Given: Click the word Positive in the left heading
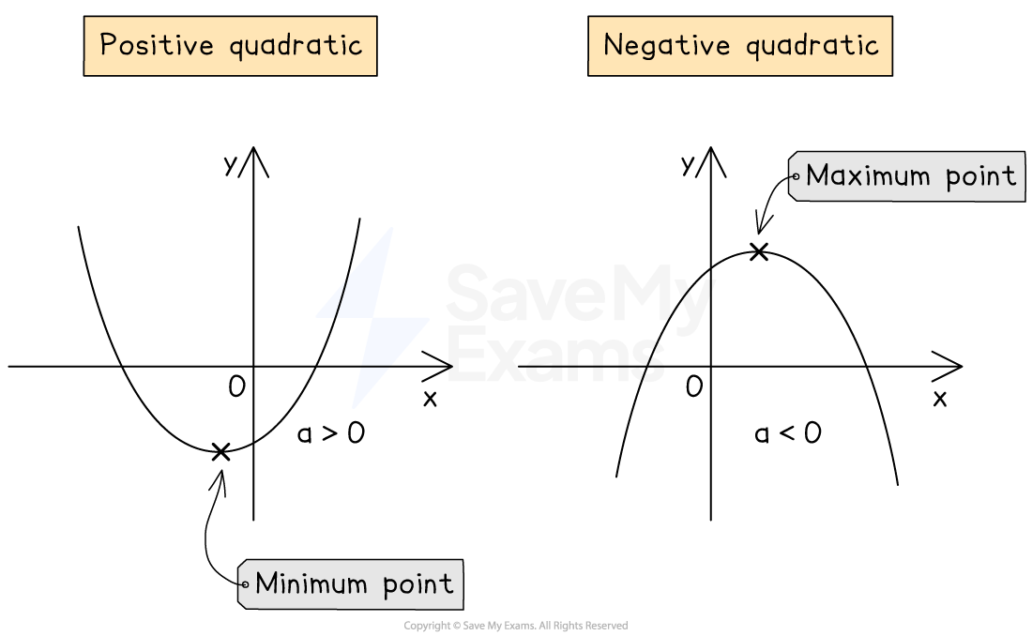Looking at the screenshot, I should tap(158, 45).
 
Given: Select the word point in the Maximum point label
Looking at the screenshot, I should tap(982, 176).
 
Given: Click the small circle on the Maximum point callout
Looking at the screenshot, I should tap(796, 175).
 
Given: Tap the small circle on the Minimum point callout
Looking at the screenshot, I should tap(245, 583).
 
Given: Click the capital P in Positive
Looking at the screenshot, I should tap(108, 45).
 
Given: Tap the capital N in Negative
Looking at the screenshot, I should tap(614, 45).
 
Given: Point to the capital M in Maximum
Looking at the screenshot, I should tap(816, 175).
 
